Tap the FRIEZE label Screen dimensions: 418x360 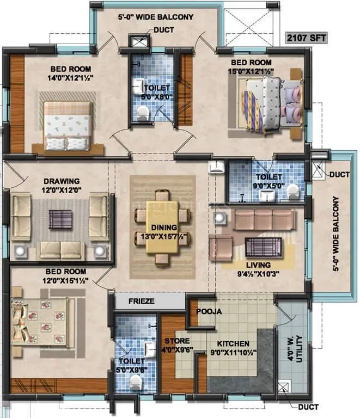(141, 300)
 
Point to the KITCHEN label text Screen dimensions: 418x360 (233, 343)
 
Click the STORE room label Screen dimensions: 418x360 (177, 341)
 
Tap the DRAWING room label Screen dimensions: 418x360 (62, 181)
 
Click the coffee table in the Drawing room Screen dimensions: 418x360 (59, 219)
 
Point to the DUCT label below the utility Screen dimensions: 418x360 (308, 407)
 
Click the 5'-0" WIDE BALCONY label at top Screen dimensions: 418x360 (155, 17)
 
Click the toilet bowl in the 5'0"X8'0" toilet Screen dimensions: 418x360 (143, 112)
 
